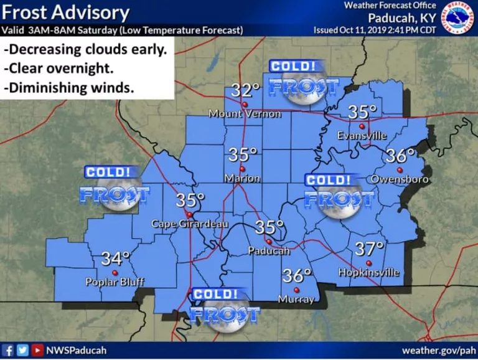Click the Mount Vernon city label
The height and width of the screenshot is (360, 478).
click(x=245, y=114)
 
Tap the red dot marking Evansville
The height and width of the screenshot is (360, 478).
click(x=362, y=126)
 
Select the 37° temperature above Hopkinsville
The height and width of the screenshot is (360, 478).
click(x=369, y=249)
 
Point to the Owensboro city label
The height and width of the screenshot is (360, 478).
click(x=395, y=180)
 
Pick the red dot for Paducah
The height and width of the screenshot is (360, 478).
click(x=269, y=241)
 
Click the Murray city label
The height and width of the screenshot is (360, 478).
click(x=297, y=300)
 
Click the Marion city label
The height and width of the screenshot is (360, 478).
click(x=243, y=179)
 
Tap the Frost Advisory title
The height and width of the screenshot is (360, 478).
click(x=66, y=12)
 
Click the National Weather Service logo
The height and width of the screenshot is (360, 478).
click(x=458, y=18)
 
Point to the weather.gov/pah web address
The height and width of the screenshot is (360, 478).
click(x=439, y=351)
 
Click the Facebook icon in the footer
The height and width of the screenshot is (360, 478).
click(x=8, y=351)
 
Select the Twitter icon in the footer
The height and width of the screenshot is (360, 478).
click(x=22, y=351)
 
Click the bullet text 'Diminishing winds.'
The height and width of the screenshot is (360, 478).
click(x=69, y=88)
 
